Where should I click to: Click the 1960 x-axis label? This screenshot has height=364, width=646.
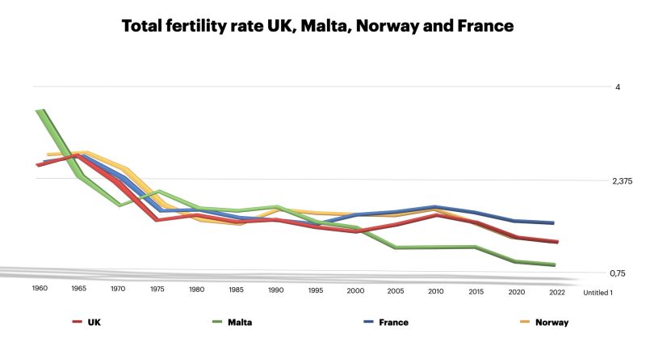click(x=39, y=288)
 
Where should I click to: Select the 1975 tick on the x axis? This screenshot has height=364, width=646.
click(x=157, y=288)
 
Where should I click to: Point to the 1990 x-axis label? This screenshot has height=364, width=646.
click(x=275, y=288)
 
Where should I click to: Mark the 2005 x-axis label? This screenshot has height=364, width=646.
click(x=394, y=288)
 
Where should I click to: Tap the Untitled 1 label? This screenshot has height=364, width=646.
click(x=598, y=292)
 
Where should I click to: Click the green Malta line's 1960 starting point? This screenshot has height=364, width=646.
click(x=40, y=111)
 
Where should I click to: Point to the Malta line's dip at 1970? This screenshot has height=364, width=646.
click(x=120, y=205)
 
